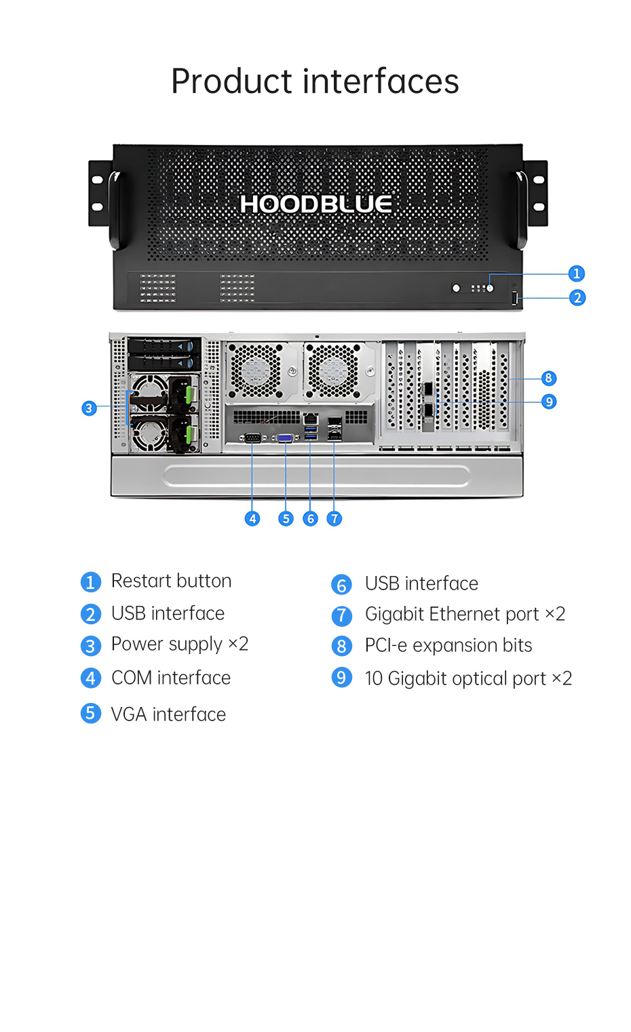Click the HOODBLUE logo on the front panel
click(x=315, y=204)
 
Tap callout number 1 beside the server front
click(x=576, y=273)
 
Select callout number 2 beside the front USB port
click(x=577, y=298)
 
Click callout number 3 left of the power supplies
click(x=89, y=408)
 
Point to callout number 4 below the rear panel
click(x=252, y=519)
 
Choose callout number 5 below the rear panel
click(x=286, y=519)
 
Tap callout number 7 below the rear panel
click(x=334, y=519)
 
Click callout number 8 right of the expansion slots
click(x=548, y=379)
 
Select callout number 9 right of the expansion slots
click(x=549, y=402)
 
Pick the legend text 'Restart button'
click(x=171, y=581)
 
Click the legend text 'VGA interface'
click(x=168, y=714)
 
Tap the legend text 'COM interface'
click(x=171, y=678)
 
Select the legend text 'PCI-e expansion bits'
click(x=448, y=645)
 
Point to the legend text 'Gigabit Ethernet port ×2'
click(x=465, y=614)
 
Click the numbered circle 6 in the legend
click(x=341, y=585)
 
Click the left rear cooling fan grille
click(x=256, y=370)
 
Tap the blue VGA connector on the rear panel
click(x=286, y=438)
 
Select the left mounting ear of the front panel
click(x=99, y=193)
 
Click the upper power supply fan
click(x=149, y=394)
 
